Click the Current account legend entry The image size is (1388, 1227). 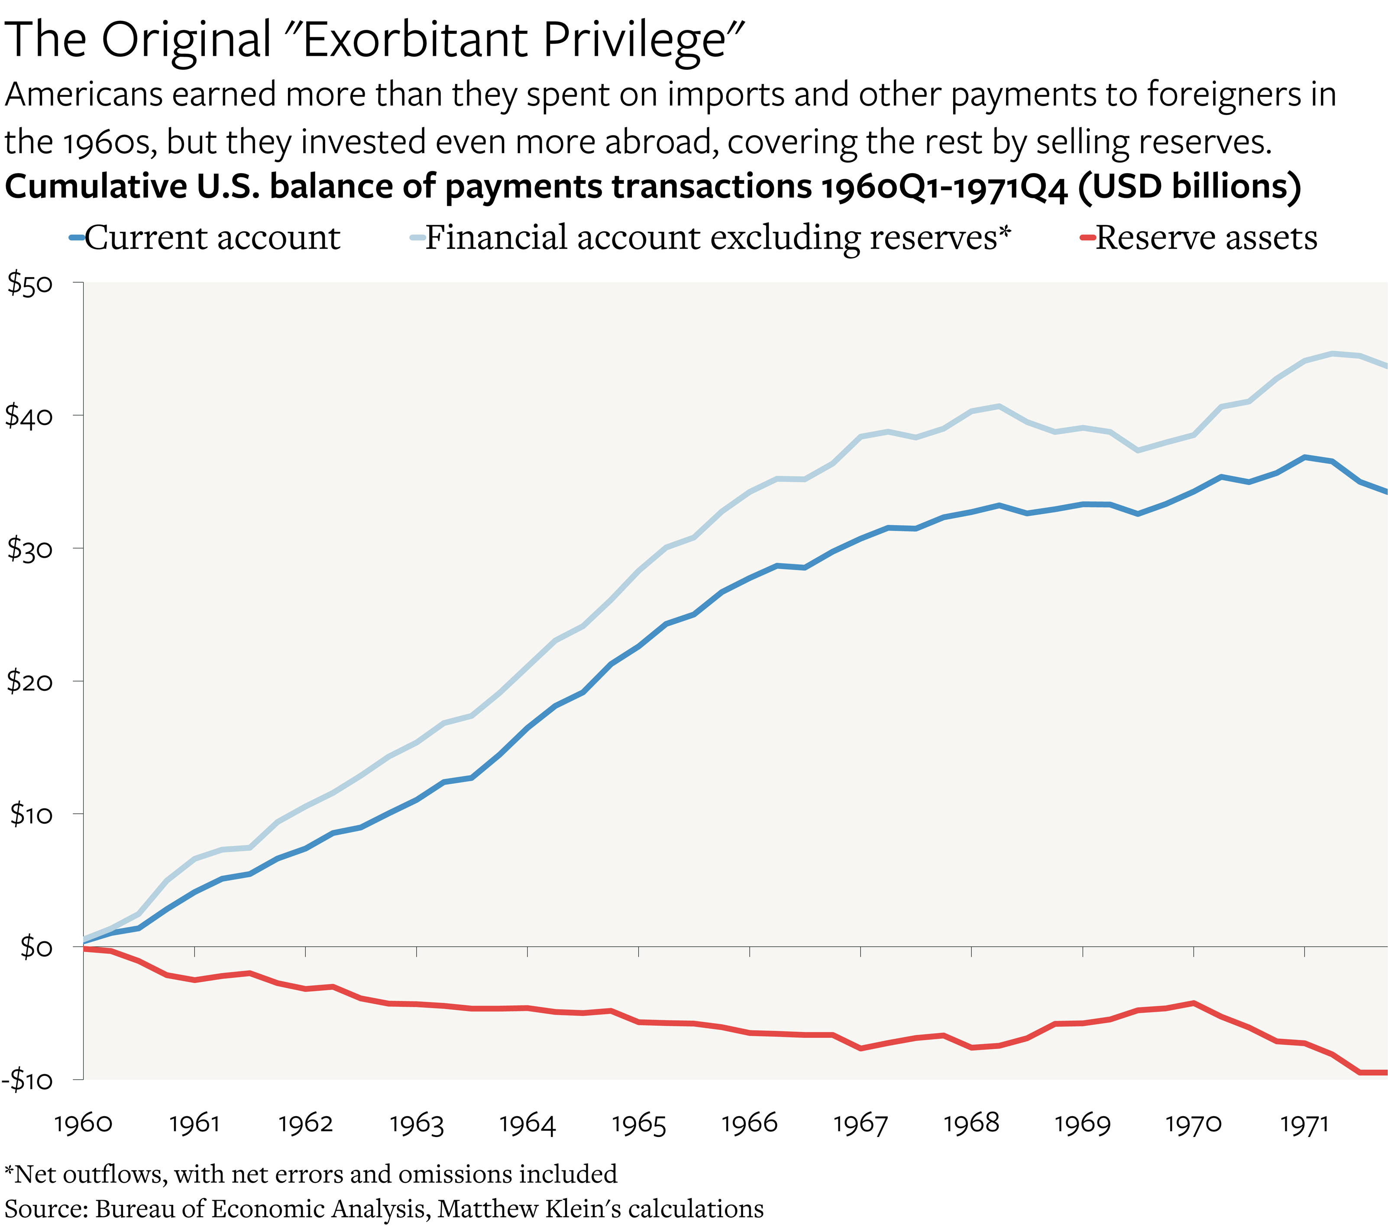tap(210, 238)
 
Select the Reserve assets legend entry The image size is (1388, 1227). tap(1205, 238)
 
